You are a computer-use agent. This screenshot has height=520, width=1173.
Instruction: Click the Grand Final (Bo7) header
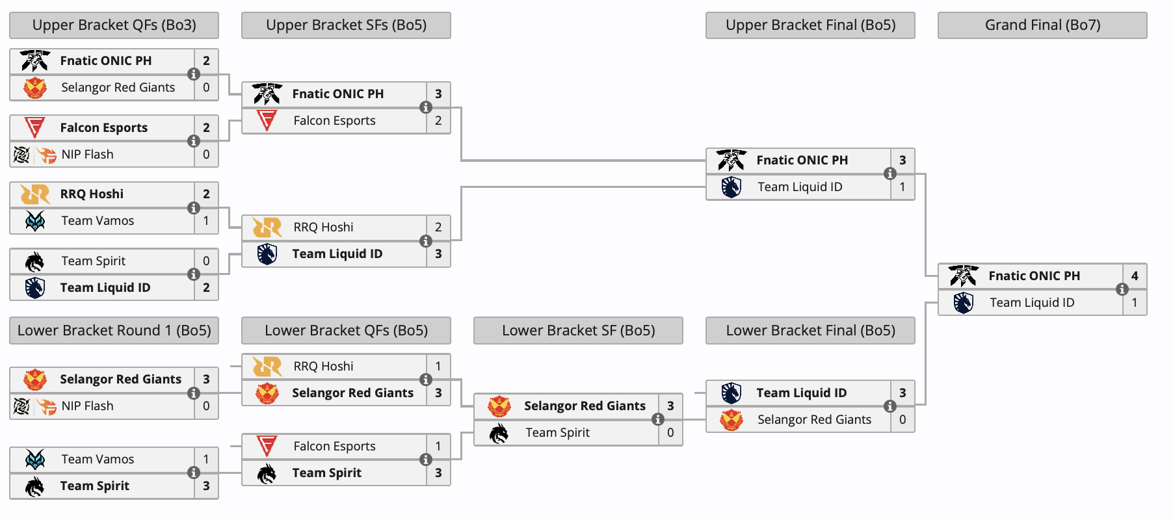pos(1042,25)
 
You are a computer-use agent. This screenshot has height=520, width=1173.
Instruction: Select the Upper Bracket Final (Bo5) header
pos(810,25)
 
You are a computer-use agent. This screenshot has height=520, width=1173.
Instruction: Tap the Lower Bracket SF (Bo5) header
pos(578,331)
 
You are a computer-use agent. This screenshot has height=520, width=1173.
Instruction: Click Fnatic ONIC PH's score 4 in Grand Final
pos(1135,276)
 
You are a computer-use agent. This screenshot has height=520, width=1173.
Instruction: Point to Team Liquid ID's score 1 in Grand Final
pos(1135,302)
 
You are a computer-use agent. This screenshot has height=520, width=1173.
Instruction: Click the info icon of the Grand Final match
pos(1122,289)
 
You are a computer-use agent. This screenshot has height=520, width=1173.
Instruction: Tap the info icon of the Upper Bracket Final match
pos(890,174)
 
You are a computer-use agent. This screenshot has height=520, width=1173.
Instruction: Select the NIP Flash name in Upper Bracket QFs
pos(87,155)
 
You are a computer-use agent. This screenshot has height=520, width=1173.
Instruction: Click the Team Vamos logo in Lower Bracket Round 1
pos(35,459)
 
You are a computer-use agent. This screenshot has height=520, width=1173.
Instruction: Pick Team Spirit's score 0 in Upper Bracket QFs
pos(206,261)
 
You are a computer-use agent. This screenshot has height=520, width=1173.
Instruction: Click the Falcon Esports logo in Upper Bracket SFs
pos(267,120)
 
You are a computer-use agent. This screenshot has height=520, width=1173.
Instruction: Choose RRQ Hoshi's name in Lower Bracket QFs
pos(323,366)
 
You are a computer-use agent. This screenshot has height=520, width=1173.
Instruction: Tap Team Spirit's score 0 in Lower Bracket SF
pos(670,432)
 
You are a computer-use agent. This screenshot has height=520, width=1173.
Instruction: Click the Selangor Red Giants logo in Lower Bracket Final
pos(731,419)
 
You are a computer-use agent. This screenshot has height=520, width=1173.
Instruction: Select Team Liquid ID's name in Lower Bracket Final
pos(801,393)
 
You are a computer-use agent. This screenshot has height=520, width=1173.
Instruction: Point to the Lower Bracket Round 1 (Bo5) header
pos(114,331)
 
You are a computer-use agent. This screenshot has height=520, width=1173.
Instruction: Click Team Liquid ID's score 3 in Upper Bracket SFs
pos(438,253)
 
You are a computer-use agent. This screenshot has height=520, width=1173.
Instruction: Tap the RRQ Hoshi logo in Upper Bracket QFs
pos(35,194)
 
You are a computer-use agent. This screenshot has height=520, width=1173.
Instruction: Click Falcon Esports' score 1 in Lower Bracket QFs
pos(438,446)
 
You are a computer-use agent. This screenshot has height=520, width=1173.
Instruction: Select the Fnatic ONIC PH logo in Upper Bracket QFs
pos(35,60)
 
